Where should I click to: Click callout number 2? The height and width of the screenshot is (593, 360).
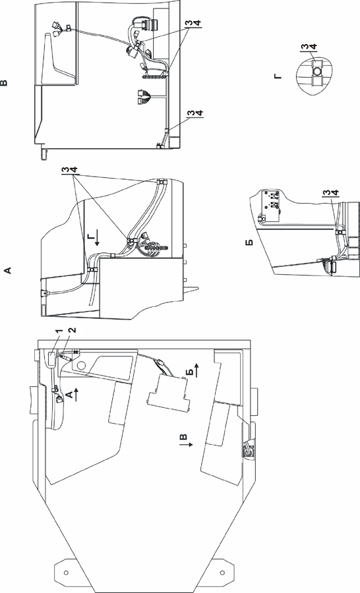(x=73, y=330)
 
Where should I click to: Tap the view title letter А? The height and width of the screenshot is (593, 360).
(x=7, y=270)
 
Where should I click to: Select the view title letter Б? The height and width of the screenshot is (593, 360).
(x=249, y=242)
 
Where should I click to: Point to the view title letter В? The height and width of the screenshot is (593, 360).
(x=4, y=82)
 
